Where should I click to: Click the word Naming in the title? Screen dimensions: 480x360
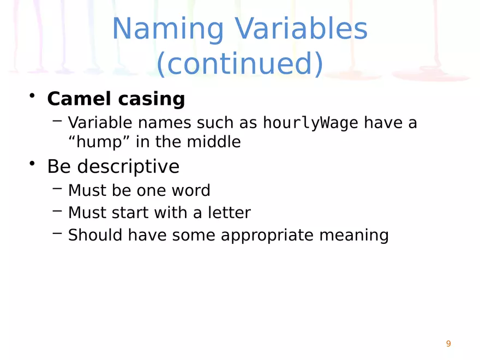pyautogui.click(x=168, y=29)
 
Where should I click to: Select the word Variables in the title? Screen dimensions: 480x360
pyautogui.click(x=301, y=28)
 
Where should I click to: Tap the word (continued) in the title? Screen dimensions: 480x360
pyautogui.click(x=240, y=63)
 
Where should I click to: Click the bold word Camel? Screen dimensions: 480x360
pyautogui.click(x=79, y=99)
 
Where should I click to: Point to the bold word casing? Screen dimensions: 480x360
pyautogui.click(x=152, y=99)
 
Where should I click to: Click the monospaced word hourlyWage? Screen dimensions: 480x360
pyautogui.click(x=310, y=123)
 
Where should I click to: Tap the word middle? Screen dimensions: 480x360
pyautogui.click(x=214, y=142)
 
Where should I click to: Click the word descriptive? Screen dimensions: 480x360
pyautogui.click(x=128, y=167)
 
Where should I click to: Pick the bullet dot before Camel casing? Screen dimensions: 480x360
pyautogui.click(x=32, y=95)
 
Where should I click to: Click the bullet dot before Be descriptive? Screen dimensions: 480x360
pyautogui.click(x=32, y=163)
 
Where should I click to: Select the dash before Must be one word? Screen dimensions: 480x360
pyautogui.click(x=57, y=189)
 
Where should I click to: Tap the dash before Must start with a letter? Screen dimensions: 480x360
pyautogui.click(x=57, y=211)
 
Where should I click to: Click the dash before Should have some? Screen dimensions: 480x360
pyautogui.click(x=57, y=233)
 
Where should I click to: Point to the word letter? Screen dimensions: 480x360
pyautogui.click(x=229, y=212)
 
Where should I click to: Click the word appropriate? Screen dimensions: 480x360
pyautogui.click(x=267, y=236)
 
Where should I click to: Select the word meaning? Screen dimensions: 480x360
pyautogui.click(x=354, y=236)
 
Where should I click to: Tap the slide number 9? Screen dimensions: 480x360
pyautogui.click(x=448, y=344)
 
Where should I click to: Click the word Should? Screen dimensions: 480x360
pyautogui.click(x=95, y=235)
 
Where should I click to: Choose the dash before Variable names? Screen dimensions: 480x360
pyautogui.click(x=57, y=121)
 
